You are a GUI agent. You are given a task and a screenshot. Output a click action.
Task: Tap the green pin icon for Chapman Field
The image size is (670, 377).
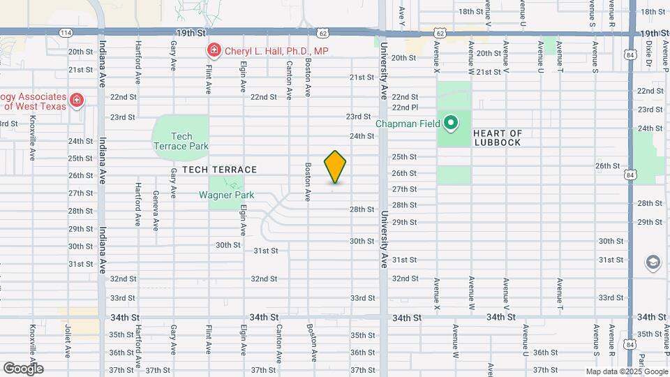451,124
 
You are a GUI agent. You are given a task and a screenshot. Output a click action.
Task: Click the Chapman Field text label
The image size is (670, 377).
408,124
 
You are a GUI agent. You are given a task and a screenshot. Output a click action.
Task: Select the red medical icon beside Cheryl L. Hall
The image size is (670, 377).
214,50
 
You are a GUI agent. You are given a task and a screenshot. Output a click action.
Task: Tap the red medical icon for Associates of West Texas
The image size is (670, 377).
76,101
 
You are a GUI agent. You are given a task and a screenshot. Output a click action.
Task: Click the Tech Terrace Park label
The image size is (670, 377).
181,141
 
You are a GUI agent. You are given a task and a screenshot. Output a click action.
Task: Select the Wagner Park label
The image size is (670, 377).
226,195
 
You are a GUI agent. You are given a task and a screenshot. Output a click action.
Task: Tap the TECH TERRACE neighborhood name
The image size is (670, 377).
220,170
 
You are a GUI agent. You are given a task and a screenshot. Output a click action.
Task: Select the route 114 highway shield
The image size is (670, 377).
65,33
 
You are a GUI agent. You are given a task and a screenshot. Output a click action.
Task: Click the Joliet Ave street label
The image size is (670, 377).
68,340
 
